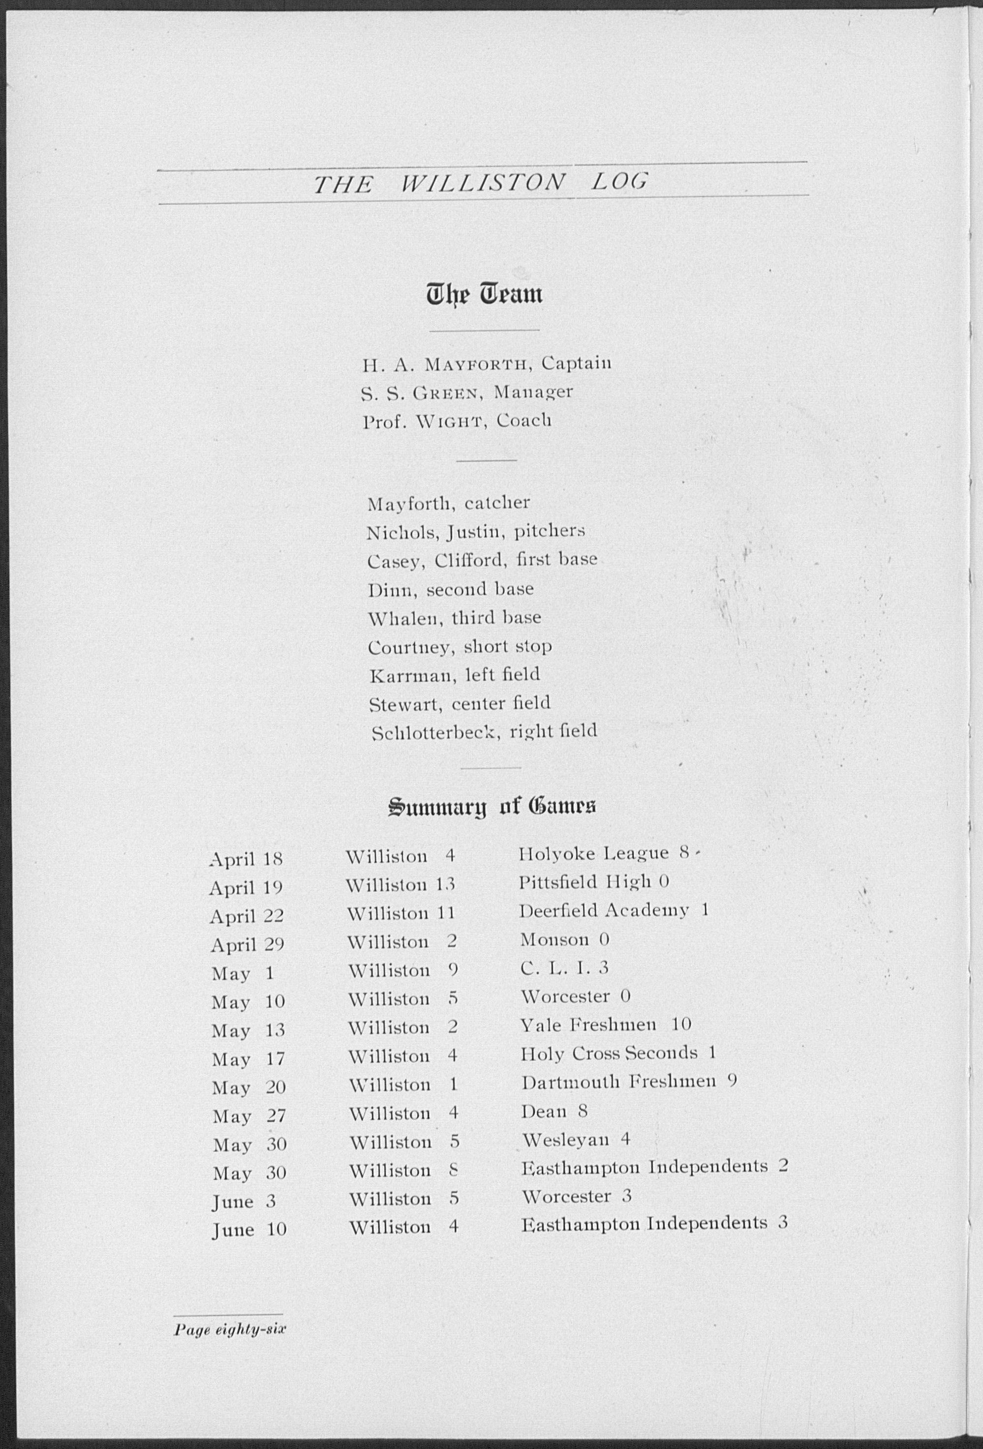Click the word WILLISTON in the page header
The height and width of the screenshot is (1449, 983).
click(x=482, y=182)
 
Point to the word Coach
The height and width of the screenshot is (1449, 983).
click(x=524, y=422)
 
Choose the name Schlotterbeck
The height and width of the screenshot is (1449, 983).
click(x=436, y=732)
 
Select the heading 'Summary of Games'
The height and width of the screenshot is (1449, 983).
click(x=491, y=807)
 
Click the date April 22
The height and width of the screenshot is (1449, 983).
click(x=246, y=916)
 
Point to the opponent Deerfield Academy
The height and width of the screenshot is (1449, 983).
click(x=604, y=911)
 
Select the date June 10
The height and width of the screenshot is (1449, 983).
click(x=249, y=1230)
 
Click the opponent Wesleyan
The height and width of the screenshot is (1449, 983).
click(x=565, y=1141)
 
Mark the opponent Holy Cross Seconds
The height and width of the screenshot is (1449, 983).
click(x=609, y=1053)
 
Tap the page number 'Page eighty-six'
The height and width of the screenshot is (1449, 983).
click(x=230, y=1328)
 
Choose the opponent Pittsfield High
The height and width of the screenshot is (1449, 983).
click(x=585, y=881)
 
